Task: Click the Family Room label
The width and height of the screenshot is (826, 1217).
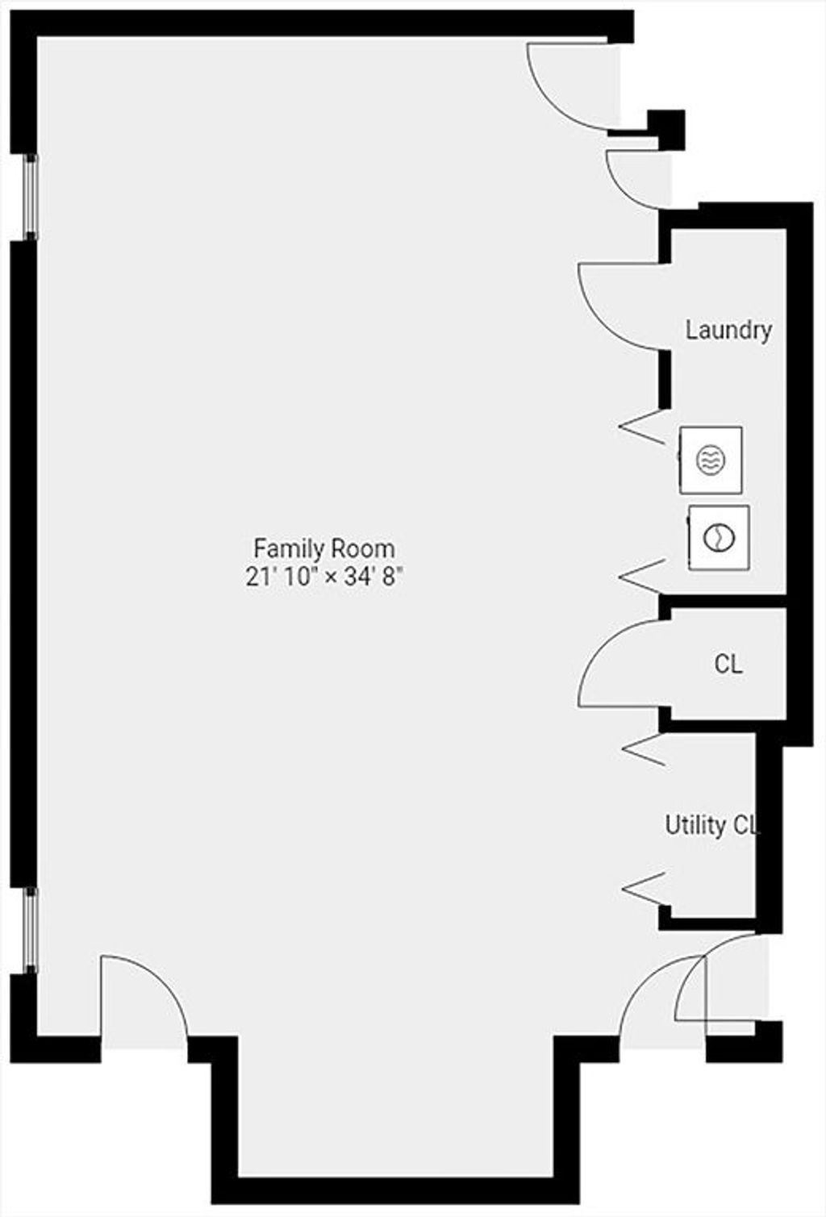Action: (x=324, y=548)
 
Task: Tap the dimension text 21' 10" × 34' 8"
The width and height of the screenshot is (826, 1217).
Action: (x=324, y=577)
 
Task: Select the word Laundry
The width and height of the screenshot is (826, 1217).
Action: (x=728, y=331)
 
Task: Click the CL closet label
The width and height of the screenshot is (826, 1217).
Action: (x=728, y=664)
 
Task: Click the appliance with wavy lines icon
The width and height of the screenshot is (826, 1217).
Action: (x=711, y=461)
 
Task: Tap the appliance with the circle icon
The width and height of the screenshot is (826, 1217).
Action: (x=719, y=538)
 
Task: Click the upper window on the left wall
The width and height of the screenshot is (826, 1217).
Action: (x=31, y=197)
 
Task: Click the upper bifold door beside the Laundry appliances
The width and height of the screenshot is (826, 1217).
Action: (x=641, y=427)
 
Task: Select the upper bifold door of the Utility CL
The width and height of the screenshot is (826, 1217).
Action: (x=644, y=749)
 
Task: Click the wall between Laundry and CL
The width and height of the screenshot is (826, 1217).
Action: (x=723, y=600)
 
